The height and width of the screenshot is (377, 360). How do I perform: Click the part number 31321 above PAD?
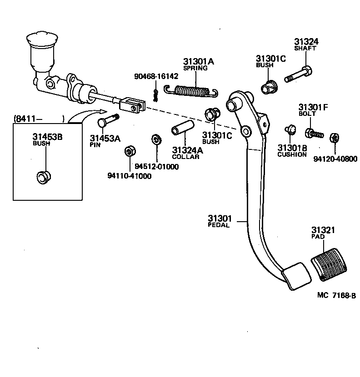323,230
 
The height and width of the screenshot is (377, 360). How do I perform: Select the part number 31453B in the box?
47,136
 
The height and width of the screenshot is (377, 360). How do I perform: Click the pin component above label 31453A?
108,121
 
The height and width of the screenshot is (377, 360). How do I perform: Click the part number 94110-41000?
130,176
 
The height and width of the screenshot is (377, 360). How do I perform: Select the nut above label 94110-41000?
129,150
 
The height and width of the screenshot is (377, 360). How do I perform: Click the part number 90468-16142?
153,76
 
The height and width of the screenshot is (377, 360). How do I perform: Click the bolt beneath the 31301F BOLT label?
314,134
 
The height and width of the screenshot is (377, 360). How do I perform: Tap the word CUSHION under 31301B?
292,154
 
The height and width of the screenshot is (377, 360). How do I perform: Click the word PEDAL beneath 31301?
219,225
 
